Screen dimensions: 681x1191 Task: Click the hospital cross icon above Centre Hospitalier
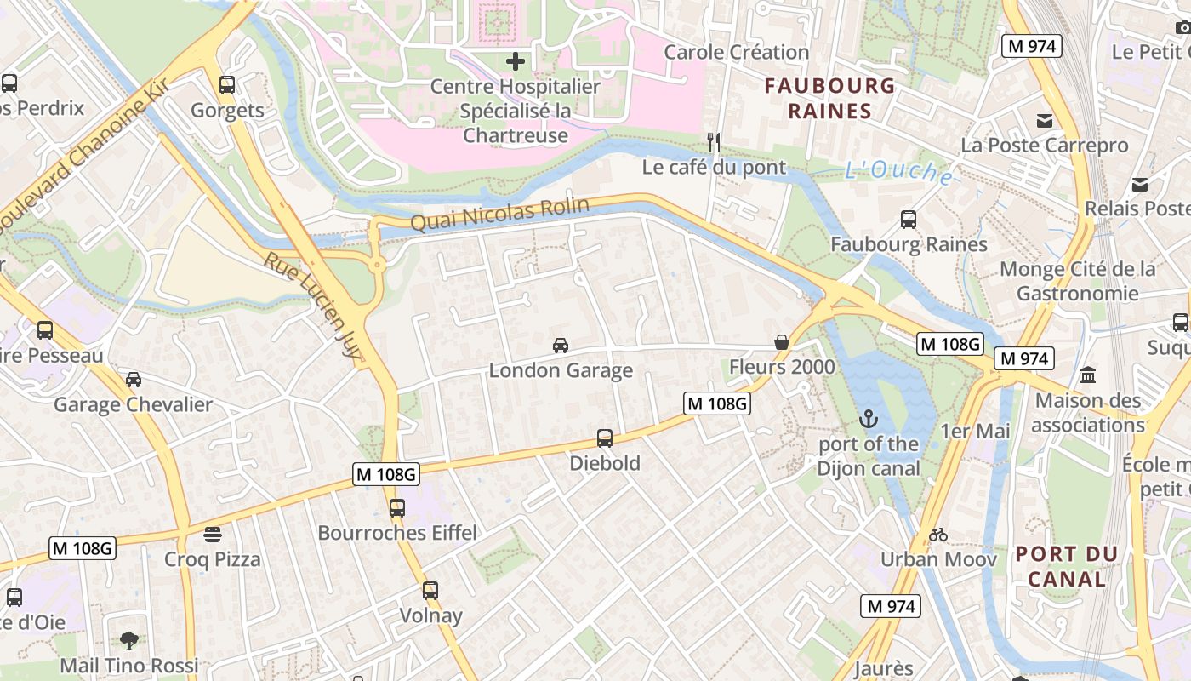point(515,61)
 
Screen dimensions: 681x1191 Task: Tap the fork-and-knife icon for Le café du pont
point(714,141)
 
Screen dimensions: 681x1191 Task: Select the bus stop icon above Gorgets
point(226,85)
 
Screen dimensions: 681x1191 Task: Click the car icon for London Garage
point(560,345)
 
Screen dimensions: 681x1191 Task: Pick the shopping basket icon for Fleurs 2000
point(781,342)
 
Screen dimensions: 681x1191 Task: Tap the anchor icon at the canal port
point(868,419)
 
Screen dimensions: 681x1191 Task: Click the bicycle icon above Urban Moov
point(938,535)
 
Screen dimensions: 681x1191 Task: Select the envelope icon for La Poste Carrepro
point(1044,121)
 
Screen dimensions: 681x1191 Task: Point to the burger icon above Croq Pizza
point(213,535)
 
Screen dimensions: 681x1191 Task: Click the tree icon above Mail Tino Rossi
point(129,640)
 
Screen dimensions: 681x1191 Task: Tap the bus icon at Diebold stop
point(604,438)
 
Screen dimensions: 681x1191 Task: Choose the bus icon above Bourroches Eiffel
point(396,508)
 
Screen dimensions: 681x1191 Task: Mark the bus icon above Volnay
point(430,591)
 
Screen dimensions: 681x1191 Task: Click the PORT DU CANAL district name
point(1066,567)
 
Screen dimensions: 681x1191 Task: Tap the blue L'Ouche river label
point(899,172)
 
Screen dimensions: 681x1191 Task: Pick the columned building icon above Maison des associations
point(1088,375)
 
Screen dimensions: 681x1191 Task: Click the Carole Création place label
point(737,52)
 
